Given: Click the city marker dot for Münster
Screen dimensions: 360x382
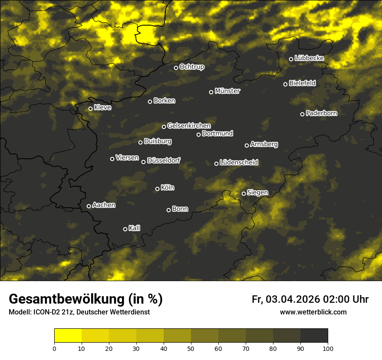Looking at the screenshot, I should [211, 92].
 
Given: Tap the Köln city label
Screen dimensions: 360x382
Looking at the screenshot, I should [168, 188].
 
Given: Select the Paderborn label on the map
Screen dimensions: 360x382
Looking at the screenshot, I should [321, 113].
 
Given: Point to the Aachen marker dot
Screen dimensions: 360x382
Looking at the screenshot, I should [89, 206].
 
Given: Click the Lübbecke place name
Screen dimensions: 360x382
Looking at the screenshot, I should [309, 58].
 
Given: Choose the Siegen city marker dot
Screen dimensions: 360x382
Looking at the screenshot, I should [244, 193].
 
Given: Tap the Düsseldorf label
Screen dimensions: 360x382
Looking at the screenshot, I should [164, 160].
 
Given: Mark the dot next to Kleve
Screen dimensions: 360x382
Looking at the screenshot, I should [91, 108].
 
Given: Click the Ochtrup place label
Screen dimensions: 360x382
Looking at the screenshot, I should [191, 67].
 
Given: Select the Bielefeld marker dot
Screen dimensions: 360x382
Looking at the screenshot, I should [286, 84].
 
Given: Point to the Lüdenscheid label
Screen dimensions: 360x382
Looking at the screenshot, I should [239, 163].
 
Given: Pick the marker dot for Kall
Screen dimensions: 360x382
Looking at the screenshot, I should [125, 229].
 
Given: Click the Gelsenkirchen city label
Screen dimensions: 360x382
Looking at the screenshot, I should [189, 126].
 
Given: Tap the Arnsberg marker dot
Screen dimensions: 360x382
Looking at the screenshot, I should [247, 145].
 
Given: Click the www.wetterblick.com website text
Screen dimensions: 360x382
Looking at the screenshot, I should [313, 312].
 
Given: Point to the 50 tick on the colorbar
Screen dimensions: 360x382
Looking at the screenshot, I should [191, 348].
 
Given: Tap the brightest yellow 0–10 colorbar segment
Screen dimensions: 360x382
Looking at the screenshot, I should [68, 336].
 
